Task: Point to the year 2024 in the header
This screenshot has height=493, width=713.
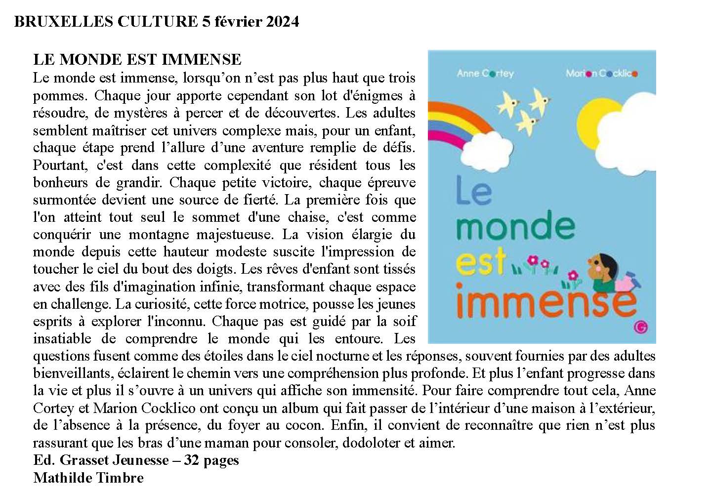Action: click(283, 22)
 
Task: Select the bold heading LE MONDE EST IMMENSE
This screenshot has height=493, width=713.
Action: click(137, 60)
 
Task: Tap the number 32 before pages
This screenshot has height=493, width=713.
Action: click(191, 460)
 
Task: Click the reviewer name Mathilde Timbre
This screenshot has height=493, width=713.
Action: click(88, 478)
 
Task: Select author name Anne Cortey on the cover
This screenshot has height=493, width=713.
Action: click(485, 74)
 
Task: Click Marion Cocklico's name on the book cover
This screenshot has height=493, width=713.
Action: click(601, 74)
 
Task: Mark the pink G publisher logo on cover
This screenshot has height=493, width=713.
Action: click(641, 327)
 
